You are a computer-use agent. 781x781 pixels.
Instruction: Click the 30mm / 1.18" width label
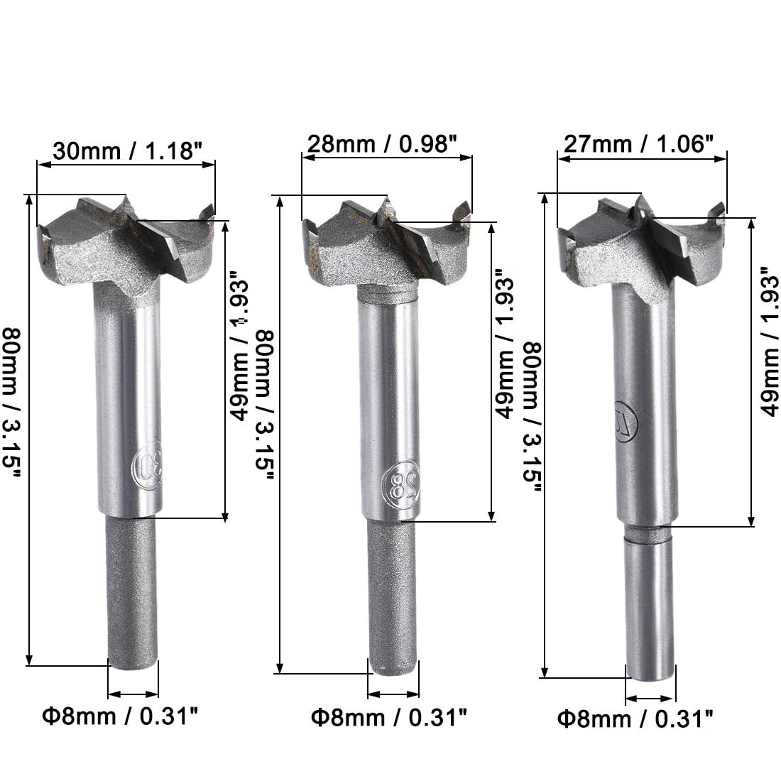coord(128,151)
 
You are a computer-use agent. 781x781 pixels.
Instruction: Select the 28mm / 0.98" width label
coord(382,144)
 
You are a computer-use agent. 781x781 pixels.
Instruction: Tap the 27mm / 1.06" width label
coord(638,144)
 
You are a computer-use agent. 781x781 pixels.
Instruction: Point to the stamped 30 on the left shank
coord(148,465)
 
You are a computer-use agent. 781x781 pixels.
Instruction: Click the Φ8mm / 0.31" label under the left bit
coord(120,716)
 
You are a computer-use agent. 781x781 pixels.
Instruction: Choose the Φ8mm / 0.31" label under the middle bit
coord(389,718)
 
